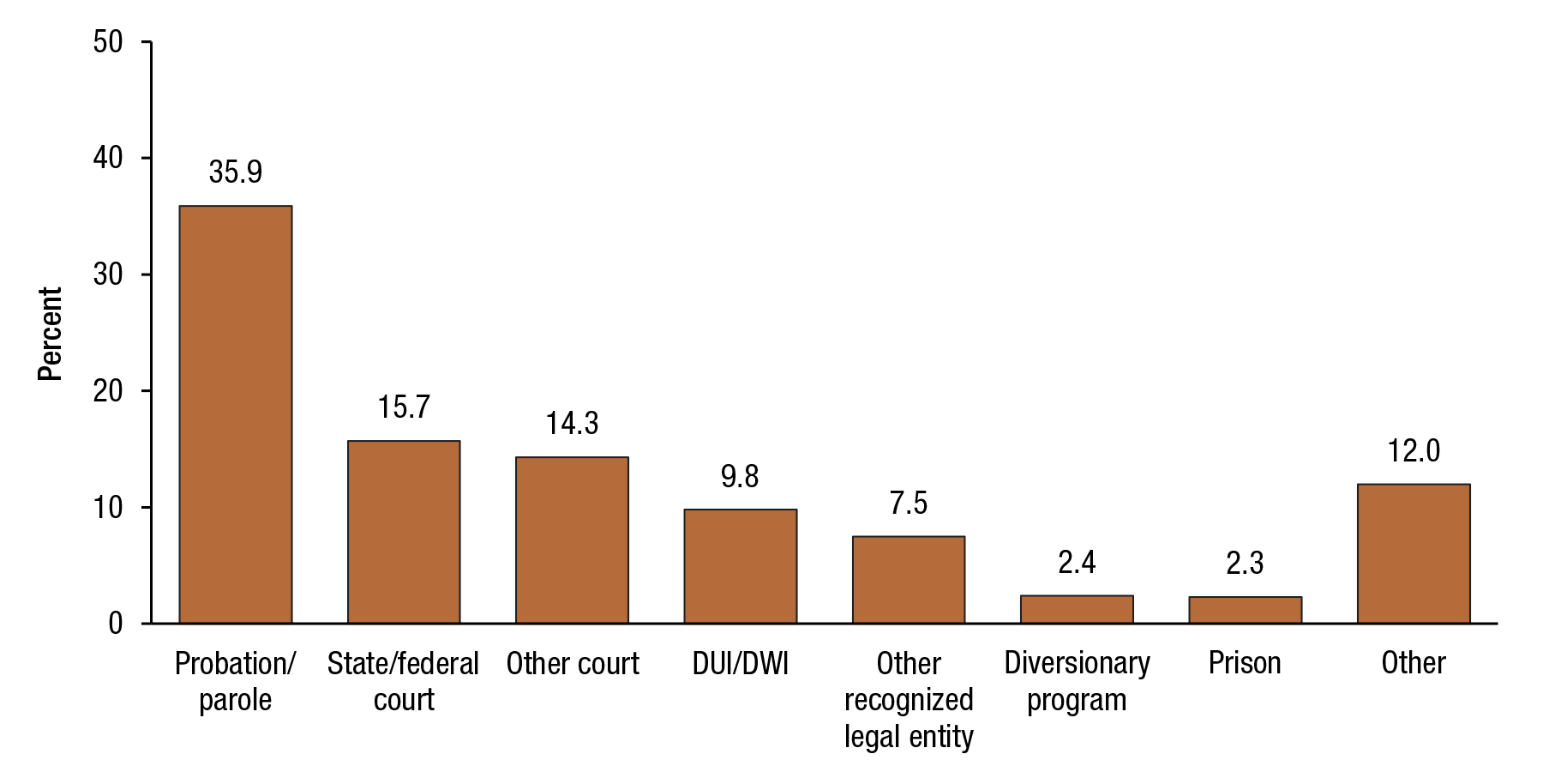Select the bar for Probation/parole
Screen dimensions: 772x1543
click(x=236, y=414)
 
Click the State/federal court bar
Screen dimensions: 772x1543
click(x=404, y=532)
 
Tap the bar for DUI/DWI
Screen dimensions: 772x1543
click(x=741, y=566)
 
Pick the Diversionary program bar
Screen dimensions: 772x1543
click(x=1077, y=609)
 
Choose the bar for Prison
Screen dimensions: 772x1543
click(x=1245, y=610)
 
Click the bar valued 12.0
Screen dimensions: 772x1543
click(x=1414, y=553)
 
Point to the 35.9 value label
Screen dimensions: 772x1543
click(x=236, y=172)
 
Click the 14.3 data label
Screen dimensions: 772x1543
click(x=573, y=424)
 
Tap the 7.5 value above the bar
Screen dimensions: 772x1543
click(x=909, y=504)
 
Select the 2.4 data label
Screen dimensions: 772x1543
click(x=1077, y=563)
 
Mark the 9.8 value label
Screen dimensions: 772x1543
click(x=740, y=477)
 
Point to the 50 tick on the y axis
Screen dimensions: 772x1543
click(x=108, y=42)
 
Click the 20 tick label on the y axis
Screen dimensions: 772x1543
click(x=108, y=391)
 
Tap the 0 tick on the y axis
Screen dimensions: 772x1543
click(x=116, y=624)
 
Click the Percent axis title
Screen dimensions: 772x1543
click(x=51, y=334)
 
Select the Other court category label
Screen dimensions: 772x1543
click(x=573, y=664)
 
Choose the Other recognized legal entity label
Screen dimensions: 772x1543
click(x=909, y=700)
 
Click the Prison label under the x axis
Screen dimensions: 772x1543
click(x=1245, y=663)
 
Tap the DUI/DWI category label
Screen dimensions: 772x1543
click(x=741, y=664)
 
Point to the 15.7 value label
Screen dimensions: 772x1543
click(x=404, y=407)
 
